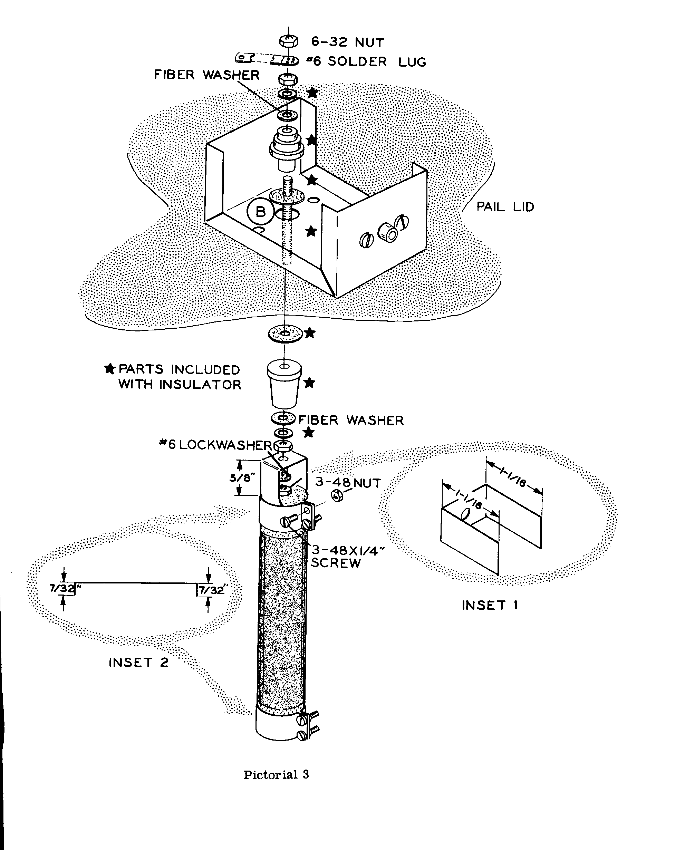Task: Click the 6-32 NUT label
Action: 348,42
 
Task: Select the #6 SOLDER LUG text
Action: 366,61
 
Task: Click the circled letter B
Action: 260,212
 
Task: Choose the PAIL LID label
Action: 505,207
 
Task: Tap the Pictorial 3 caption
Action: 276,774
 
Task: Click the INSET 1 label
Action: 490,605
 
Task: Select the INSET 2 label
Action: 138,662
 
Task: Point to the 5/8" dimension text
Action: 242,478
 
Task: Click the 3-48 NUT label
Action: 348,483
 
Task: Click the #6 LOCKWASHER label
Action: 215,445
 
